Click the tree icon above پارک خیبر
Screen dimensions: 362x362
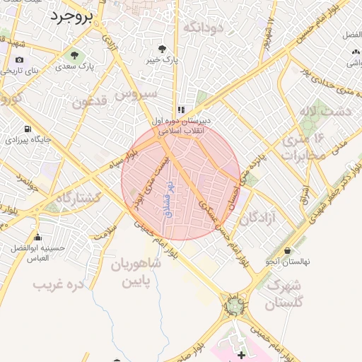163,49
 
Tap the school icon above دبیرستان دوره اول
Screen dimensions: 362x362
182,110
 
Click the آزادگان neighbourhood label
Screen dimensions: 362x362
257,218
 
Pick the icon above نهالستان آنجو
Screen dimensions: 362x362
288,250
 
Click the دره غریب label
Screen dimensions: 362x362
59,284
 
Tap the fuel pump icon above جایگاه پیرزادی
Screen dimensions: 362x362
28,129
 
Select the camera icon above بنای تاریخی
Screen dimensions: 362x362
18,59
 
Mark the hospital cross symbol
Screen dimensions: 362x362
241,353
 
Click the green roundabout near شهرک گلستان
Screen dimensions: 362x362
234,305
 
